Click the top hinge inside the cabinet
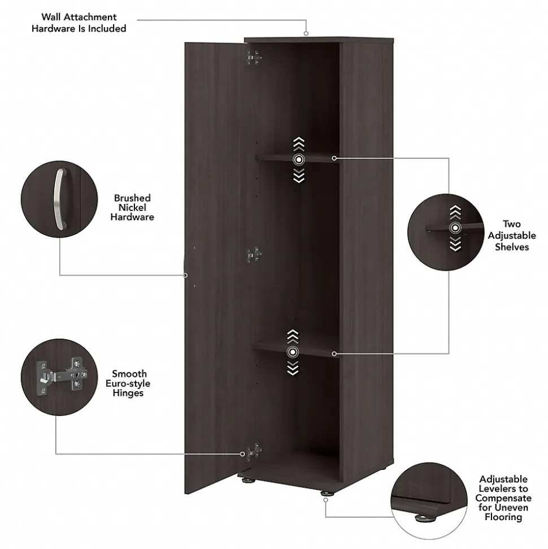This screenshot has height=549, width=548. [254, 57]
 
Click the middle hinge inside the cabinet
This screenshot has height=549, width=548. [254, 255]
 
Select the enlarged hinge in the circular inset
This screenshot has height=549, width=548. [61, 375]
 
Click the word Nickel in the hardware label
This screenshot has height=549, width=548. [132, 208]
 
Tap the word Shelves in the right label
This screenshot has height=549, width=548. [512, 247]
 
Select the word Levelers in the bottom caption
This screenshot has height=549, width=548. [503, 489]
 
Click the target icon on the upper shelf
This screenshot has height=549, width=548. [298, 160]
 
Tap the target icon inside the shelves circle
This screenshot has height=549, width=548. [455, 228]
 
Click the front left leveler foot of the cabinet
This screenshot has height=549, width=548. [247, 482]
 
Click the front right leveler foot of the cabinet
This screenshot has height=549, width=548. [326, 494]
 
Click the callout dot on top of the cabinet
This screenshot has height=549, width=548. [307, 34]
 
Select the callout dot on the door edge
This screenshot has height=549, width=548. [185, 275]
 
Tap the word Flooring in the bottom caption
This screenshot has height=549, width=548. [503, 517]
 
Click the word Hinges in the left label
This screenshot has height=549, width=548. [128, 394]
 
